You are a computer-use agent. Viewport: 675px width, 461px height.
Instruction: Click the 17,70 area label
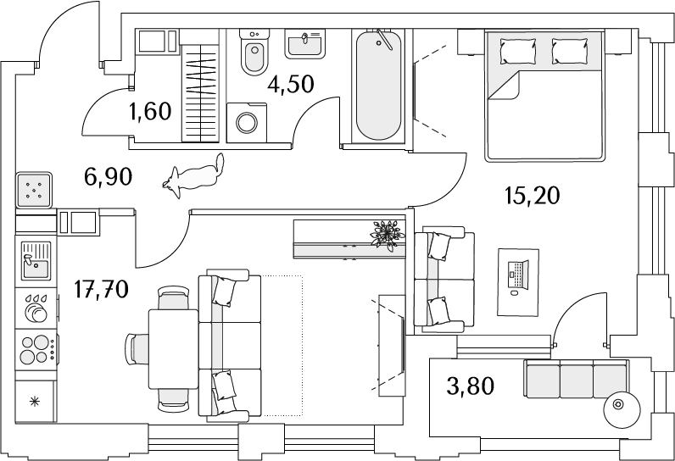click(101, 289)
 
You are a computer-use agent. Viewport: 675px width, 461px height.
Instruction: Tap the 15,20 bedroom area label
click(532, 196)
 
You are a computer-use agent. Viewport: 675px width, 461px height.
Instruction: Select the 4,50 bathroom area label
click(291, 84)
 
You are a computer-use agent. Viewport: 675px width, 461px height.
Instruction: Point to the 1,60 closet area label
click(150, 111)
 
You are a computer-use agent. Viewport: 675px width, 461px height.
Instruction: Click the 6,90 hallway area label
click(108, 177)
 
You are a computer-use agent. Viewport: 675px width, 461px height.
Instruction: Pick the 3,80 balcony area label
click(471, 386)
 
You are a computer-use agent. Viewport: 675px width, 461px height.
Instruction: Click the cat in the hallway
click(193, 176)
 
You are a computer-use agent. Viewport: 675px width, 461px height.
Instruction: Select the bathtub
click(379, 86)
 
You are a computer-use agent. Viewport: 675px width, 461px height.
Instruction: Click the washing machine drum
click(247, 123)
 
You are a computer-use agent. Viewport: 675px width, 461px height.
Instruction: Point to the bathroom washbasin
click(304, 44)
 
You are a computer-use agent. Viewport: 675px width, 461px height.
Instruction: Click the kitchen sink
click(36, 261)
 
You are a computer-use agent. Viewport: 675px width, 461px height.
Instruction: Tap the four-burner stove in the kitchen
click(36, 350)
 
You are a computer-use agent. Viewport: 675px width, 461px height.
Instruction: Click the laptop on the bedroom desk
click(518, 275)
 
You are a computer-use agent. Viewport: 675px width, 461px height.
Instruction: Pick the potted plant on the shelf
click(388, 234)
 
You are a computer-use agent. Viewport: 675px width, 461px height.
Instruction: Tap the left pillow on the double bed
click(518, 51)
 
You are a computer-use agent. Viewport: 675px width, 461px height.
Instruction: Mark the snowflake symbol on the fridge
click(34, 402)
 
